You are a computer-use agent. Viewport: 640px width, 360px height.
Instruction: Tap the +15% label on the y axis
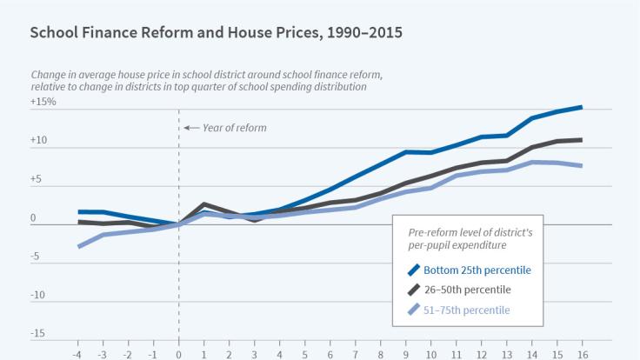[x=43, y=102]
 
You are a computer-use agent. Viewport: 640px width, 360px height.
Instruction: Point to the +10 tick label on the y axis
[x=41, y=139]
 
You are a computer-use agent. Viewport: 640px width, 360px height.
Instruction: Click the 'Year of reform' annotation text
[x=234, y=128]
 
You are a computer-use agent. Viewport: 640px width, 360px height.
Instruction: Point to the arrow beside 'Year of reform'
[x=192, y=128]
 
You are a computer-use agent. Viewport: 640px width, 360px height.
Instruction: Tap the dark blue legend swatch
[x=415, y=270]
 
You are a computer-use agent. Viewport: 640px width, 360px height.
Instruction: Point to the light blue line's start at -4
[x=79, y=246]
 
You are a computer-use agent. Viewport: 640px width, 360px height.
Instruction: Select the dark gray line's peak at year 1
[x=203, y=204]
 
